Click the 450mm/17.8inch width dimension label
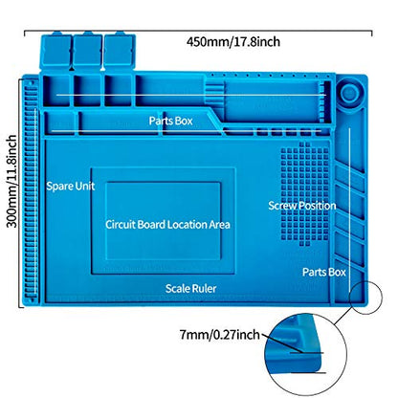(x=233, y=42)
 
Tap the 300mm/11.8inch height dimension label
(x=12, y=181)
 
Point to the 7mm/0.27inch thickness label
(x=220, y=335)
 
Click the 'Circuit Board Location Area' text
(x=167, y=225)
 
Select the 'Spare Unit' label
(x=71, y=186)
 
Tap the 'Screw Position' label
(x=302, y=206)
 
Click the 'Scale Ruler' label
(x=190, y=289)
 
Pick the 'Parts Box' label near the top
(x=171, y=121)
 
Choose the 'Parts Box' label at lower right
(x=324, y=272)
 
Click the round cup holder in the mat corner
(x=351, y=93)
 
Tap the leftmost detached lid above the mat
(x=55, y=51)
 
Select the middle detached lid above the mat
(x=87, y=51)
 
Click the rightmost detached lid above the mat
(x=120, y=51)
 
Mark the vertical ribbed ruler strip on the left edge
(x=31, y=191)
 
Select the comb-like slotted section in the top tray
(x=213, y=93)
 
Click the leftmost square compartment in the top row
(x=56, y=90)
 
